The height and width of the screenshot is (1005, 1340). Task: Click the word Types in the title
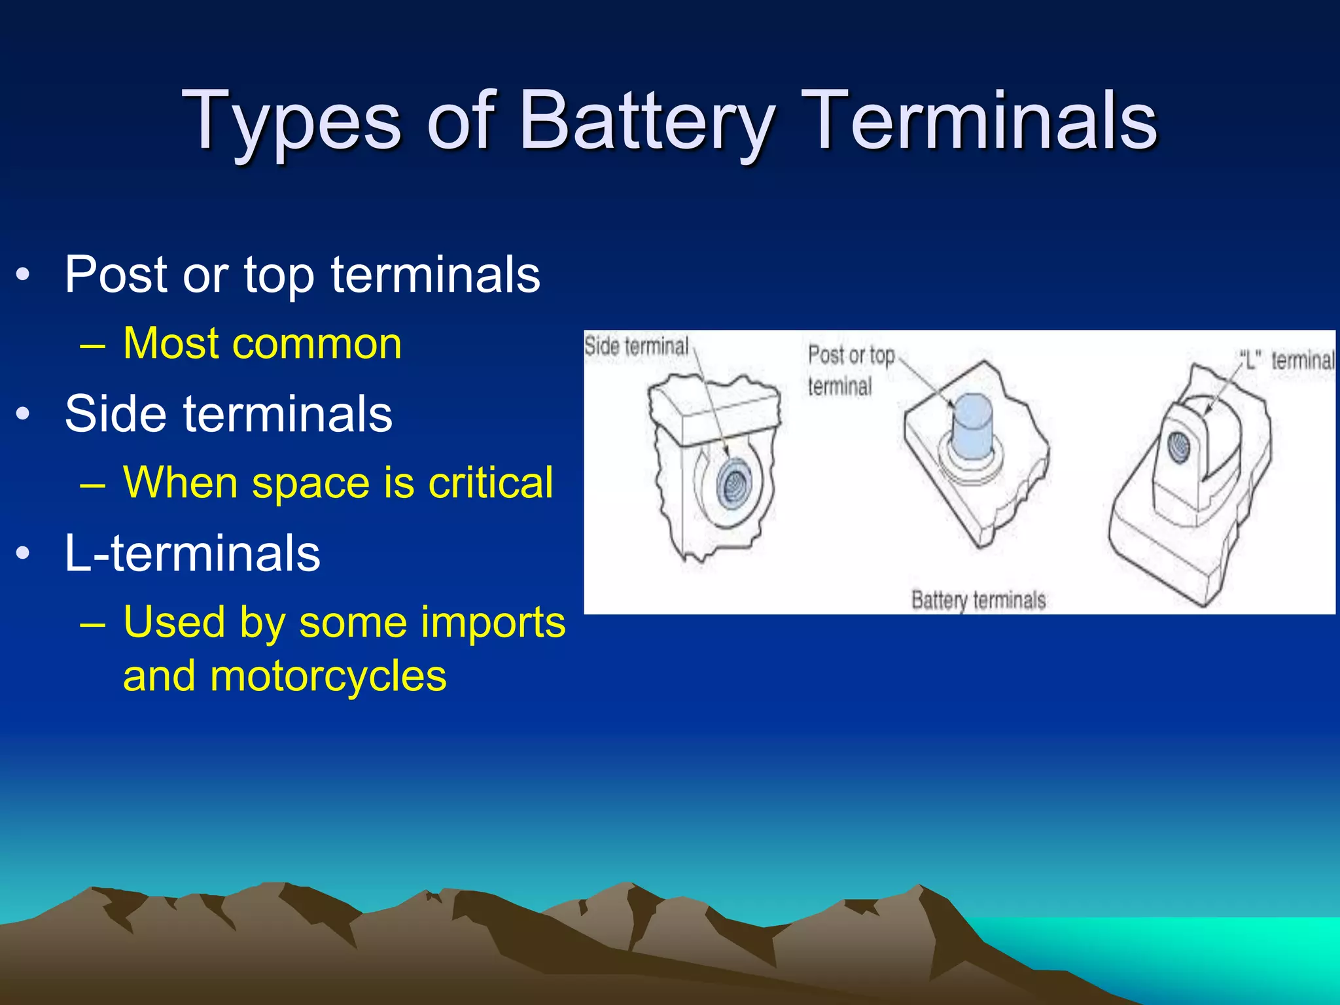tap(291, 122)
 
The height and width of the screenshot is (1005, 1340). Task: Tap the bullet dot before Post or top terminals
tap(24, 275)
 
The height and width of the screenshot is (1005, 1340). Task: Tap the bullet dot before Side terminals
tap(24, 414)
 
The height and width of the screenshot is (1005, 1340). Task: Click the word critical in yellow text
tap(490, 483)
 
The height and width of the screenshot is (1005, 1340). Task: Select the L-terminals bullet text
tap(192, 554)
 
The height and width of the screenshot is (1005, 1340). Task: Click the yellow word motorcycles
tap(328, 676)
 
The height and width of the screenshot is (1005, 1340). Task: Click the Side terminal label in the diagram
tap(636, 347)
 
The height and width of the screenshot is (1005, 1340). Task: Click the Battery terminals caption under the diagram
tap(978, 600)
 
